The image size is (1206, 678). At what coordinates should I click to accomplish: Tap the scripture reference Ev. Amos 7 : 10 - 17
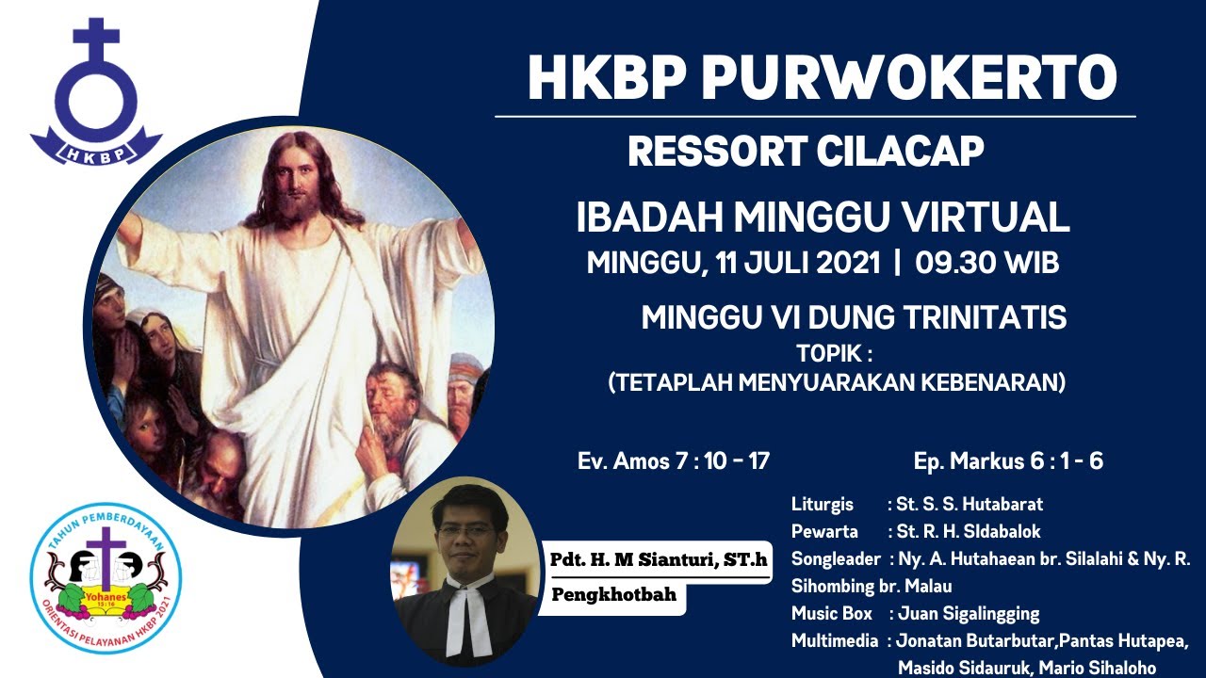click(674, 461)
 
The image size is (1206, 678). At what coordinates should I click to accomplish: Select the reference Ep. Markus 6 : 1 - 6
click(1008, 461)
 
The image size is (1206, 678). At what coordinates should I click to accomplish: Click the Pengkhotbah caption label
click(613, 595)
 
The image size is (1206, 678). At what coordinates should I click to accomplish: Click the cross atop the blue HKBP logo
click(96, 42)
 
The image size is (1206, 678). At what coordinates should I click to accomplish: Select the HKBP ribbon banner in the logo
click(96, 148)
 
